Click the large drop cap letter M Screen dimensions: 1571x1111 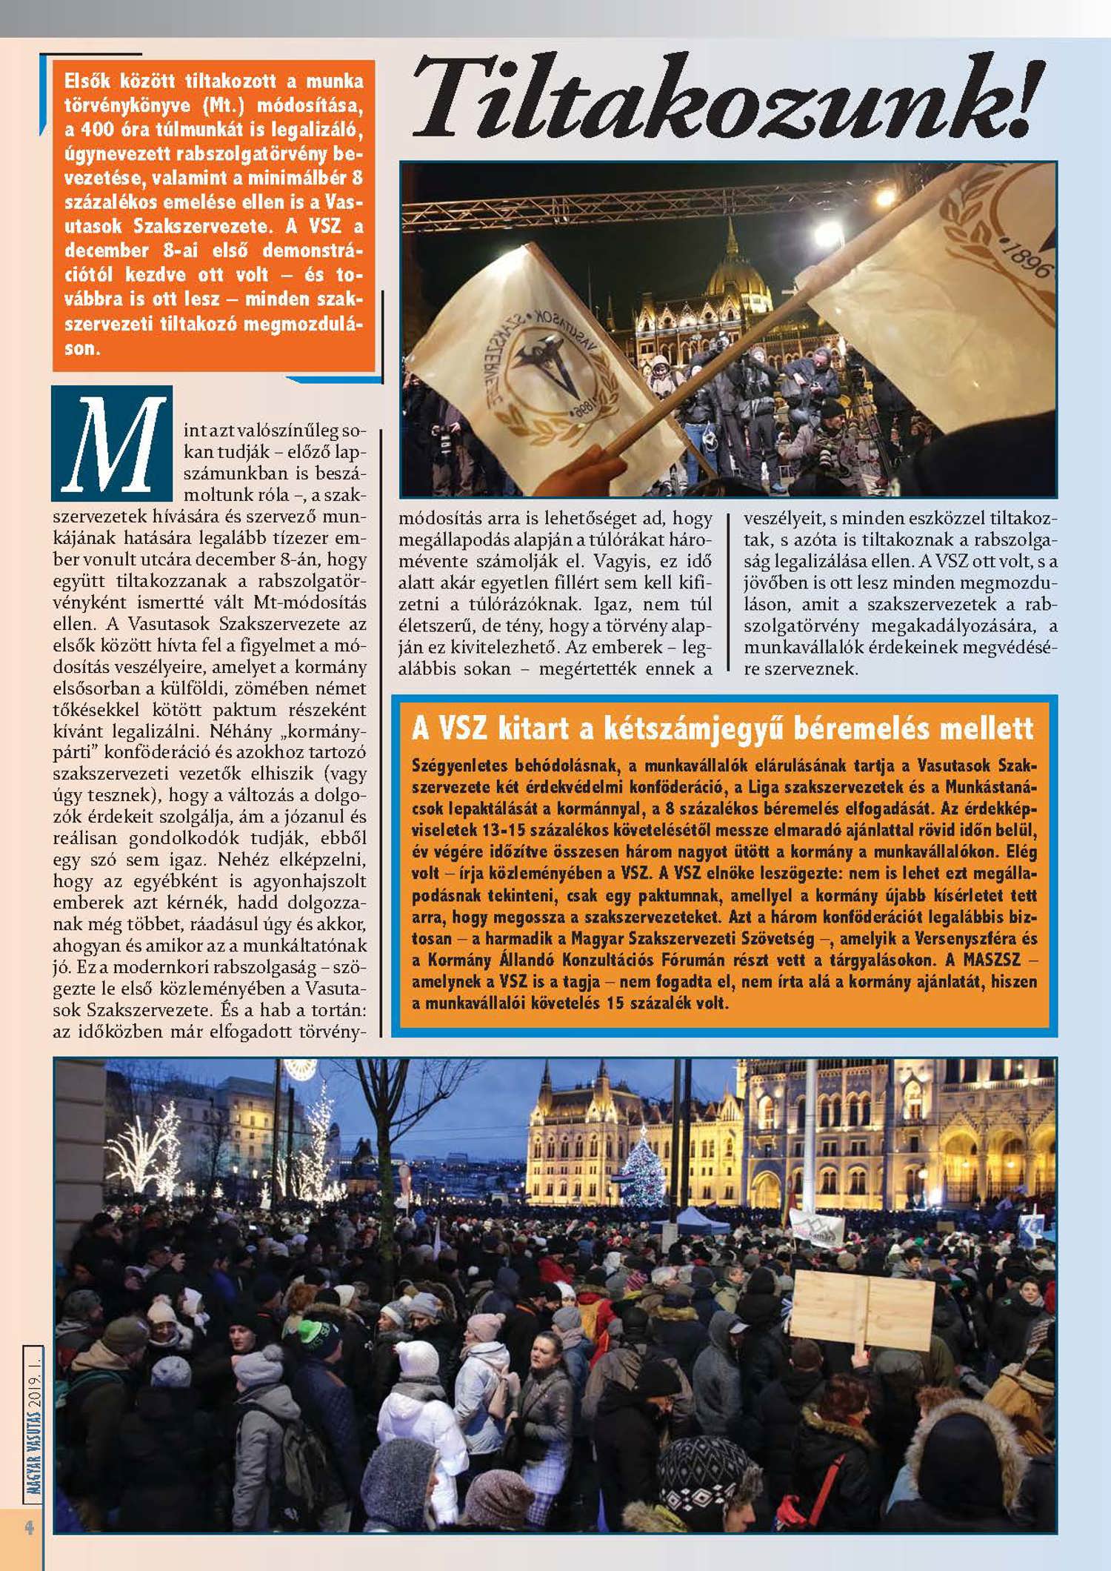tap(112, 444)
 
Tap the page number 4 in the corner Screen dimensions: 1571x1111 tap(30, 1527)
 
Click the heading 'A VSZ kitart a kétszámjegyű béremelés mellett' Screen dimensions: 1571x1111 tap(722, 728)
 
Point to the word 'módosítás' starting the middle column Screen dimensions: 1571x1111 tap(435, 518)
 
